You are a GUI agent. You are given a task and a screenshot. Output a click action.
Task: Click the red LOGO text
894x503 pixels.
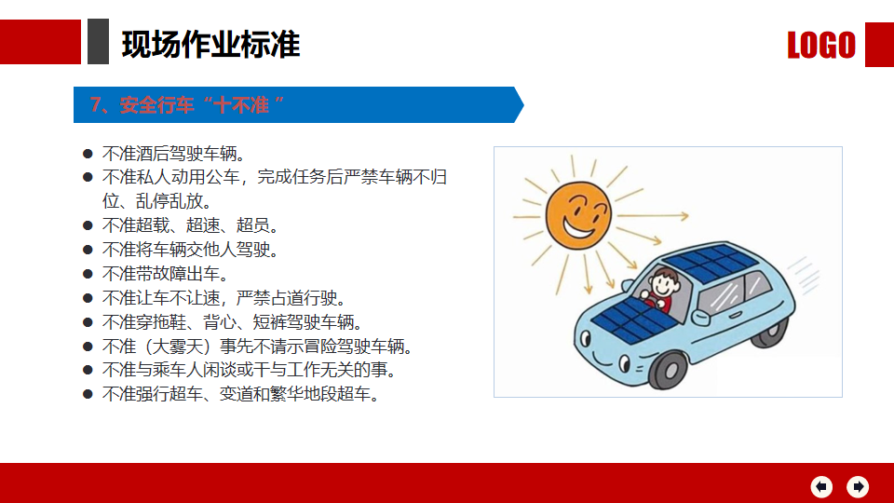821,45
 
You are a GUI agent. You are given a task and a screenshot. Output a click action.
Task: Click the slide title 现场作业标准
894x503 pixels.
210,45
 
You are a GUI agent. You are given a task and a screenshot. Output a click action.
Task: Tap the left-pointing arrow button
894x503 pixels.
821,486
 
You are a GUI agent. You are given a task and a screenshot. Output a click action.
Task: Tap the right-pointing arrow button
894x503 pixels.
858,486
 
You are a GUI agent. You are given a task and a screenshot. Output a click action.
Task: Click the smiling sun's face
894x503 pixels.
578,215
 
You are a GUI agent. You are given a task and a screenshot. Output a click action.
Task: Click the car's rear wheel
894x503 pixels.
770,332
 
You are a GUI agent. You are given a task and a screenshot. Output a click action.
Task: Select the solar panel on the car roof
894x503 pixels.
711,263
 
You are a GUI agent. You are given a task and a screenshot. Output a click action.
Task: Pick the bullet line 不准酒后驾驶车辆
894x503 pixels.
174,154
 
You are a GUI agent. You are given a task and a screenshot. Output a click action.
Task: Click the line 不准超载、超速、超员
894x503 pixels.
190,225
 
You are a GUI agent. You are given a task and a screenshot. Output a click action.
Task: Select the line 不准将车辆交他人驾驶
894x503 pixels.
190,250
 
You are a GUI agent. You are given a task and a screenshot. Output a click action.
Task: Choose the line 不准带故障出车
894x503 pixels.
166,274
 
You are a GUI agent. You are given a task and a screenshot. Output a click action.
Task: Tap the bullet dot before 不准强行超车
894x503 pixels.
88,393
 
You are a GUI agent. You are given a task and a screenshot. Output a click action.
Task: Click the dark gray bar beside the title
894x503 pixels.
98,41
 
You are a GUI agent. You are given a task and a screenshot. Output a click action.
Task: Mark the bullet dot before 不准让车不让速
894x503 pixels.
88,298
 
